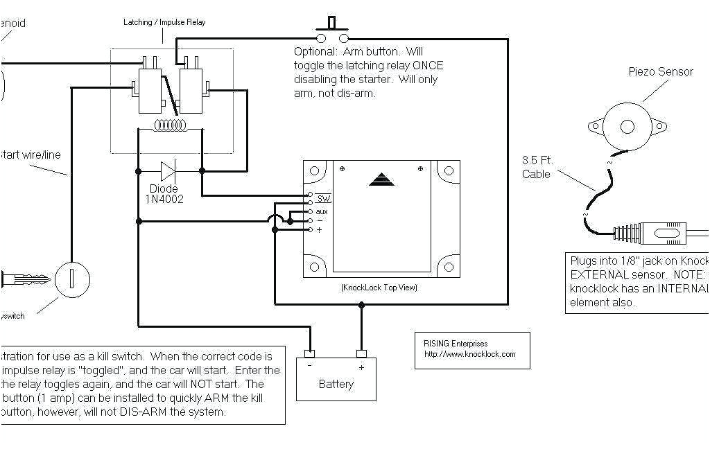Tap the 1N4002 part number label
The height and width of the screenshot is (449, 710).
(164, 200)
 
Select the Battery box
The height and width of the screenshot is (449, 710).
(336, 379)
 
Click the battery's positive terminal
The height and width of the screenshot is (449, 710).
(361, 354)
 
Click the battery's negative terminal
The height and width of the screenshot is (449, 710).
(310, 354)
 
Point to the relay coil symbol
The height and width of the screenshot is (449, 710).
(171, 125)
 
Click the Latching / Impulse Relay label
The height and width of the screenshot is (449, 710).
(164, 22)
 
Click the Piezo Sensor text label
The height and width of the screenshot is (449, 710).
(660, 71)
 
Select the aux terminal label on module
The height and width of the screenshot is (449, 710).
(322, 211)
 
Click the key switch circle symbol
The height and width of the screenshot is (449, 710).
(72, 279)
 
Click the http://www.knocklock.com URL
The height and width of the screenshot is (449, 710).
(469, 354)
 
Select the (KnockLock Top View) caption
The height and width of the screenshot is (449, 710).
(379, 287)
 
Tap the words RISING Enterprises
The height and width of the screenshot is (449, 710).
(456, 343)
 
